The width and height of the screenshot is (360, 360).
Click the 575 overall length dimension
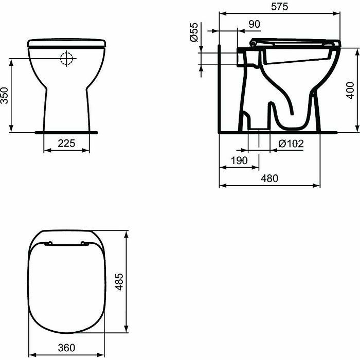pyautogui.click(x=279, y=7)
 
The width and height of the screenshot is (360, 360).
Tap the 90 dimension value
pyautogui.click(x=255, y=24)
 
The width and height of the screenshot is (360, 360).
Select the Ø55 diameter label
pyautogui.click(x=194, y=32)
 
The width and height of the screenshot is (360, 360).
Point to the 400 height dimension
pyautogui.click(x=350, y=91)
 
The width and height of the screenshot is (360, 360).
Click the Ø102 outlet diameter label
pyautogui.click(x=291, y=143)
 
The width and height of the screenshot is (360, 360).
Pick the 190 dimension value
pyautogui.click(x=239, y=160)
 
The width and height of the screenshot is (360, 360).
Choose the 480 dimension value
pyautogui.click(x=269, y=178)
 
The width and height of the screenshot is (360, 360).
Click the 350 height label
pyautogui.click(x=4, y=96)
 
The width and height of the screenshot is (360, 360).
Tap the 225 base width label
pyautogui.click(x=66, y=143)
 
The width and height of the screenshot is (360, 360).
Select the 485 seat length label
pyautogui.click(x=119, y=282)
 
